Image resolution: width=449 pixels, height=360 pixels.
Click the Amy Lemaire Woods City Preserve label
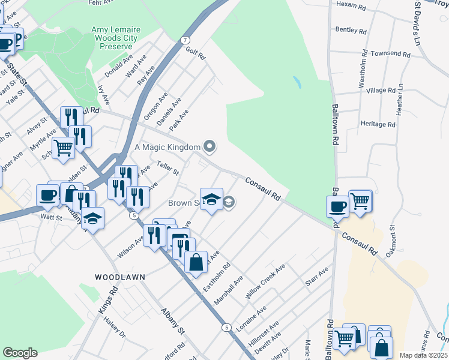(114, 38)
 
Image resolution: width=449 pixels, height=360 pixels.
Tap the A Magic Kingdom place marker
(209, 146)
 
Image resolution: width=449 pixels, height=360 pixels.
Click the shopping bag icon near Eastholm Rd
(196, 262)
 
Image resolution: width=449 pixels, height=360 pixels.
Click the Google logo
(20, 353)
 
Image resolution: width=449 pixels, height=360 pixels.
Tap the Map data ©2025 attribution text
(424, 355)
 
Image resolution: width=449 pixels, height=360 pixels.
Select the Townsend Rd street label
(390, 54)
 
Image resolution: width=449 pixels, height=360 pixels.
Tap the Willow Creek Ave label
(265, 281)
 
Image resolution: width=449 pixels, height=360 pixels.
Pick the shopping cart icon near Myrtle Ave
(63, 146)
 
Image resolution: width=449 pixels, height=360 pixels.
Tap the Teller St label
(167, 168)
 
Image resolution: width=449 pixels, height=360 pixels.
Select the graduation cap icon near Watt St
(93, 218)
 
